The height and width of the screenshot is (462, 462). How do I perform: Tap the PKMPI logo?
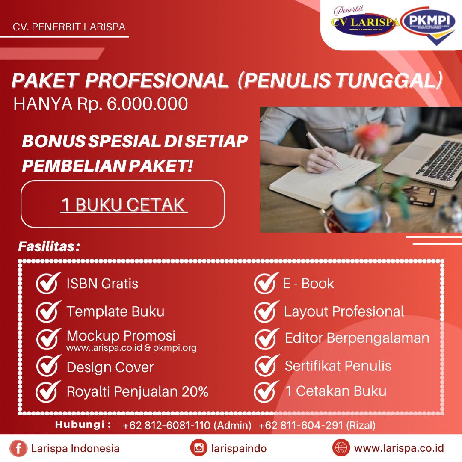click(x=429, y=25)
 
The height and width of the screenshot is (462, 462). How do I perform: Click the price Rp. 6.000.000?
click(x=133, y=104)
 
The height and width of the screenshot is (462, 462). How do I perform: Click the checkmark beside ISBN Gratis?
click(x=48, y=283)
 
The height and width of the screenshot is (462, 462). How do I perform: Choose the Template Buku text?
click(x=115, y=311)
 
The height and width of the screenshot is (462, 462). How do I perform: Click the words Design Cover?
click(x=110, y=367)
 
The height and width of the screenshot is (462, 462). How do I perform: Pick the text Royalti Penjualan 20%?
click(x=138, y=391)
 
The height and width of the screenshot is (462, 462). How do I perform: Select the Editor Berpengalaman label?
click(x=357, y=338)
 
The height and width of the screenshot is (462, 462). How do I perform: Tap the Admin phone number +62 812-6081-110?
click(x=166, y=425)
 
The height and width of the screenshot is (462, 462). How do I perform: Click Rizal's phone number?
click(x=301, y=425)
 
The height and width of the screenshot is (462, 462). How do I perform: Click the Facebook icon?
click(x=18, y=448)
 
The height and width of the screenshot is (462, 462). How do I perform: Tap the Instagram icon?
click(x=199, y=448)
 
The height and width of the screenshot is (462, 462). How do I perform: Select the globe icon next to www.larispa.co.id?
click(x=341, y=448)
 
